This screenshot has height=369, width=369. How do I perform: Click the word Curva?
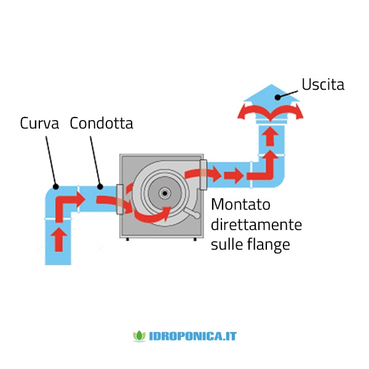[39, 123]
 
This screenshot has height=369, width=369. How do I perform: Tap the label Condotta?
[101, 123]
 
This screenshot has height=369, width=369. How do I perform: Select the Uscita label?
[323, 84]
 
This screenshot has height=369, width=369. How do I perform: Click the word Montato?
[240, 204]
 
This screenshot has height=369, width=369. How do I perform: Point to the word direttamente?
[256, 224]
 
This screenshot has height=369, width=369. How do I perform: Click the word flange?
[269, 245]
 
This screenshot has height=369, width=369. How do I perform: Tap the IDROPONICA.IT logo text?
[192, 336]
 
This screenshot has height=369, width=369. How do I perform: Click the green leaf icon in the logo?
[140, 336]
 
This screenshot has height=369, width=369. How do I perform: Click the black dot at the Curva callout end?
[56, 186]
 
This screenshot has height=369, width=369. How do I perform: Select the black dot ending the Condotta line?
[100, 186]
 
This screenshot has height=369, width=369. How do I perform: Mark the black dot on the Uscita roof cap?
[278, 97]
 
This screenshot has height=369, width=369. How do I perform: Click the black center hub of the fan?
[165, 194]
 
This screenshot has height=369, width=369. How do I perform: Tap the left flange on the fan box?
[119, 199]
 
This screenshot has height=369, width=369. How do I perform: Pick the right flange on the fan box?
[204, 175]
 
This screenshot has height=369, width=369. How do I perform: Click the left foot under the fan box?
[127, 239]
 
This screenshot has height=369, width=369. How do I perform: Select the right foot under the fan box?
[195, 239]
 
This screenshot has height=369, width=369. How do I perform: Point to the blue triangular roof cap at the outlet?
[271, 93]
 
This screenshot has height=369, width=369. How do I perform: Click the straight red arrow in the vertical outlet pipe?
[271, 137]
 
